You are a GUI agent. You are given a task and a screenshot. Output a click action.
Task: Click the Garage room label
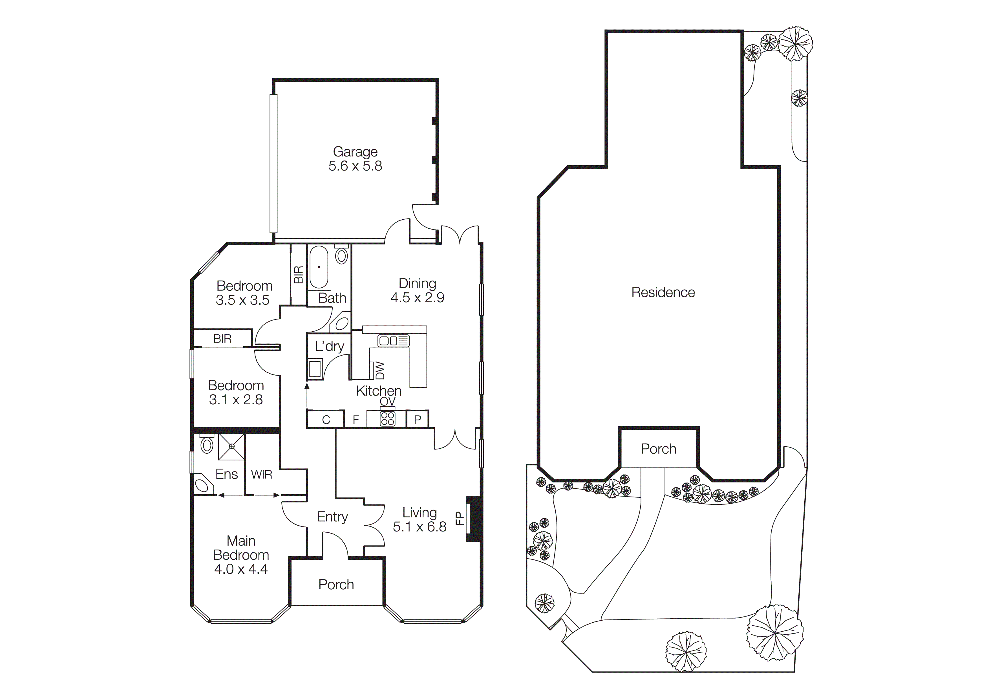point(355,152)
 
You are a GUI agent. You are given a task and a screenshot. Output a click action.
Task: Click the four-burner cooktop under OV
point(387,419)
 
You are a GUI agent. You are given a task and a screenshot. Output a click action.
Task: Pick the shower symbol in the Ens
point(232,447)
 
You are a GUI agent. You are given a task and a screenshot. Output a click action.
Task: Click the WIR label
point(261,475)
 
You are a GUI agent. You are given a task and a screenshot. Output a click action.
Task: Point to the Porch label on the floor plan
point(336,585)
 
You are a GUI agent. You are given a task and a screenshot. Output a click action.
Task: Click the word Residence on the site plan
point(663,292)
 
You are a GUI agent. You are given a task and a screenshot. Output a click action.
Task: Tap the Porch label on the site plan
point(658,449)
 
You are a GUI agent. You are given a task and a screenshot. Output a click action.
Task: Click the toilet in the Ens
point(207,444)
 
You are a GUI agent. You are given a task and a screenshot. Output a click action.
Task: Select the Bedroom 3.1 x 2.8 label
point(236,392)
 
